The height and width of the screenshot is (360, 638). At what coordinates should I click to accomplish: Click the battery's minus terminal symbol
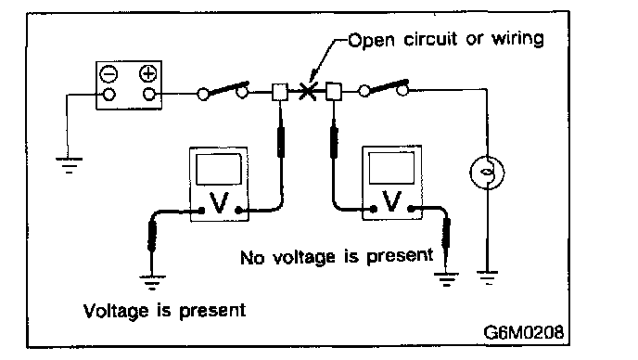pyautogui.click(x=108, y=74)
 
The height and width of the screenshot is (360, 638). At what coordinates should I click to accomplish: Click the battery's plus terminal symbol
pyautogui.click(x=148, y=73)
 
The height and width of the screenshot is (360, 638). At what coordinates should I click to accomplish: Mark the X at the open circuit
pyautogui.click(x=307, y=91)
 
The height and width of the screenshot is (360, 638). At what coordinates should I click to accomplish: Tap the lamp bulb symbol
pyautogui.click(x=487, y=173)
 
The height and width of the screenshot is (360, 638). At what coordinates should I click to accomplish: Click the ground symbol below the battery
pyautogui.click(x=69, y=165)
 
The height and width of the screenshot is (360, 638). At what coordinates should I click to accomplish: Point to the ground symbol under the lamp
pyautogui.click(x=488, y=277)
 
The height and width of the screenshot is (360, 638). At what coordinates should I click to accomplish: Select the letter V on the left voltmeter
pyautogui.click(x=219, y=203)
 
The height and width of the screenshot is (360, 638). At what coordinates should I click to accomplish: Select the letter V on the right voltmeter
pyautogui.click(x=392, y=201)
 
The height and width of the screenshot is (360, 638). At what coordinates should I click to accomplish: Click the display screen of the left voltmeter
pyautogui.click(x=219, y=170)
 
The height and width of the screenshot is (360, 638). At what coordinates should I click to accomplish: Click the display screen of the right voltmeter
pyautogui.click(x=391, y=168)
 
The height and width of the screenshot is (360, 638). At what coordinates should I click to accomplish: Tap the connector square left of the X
pyautogui.click(x=279, y=92)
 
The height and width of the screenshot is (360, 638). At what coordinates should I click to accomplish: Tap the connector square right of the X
pyautogui.click(x=334, y=91)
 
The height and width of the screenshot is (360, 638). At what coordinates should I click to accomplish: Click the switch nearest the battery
pyautogui.click(x=223, y=90)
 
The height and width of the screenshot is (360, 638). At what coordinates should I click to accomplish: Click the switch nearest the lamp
pyautogui.click(x=384, y=88)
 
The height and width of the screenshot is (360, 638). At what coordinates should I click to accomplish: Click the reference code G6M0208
pyautogui.click(x=524, y=332)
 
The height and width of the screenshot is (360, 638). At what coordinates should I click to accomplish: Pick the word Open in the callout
pyautogui.click(x=371, y=40)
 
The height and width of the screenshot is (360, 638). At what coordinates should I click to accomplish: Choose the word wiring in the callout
pyautogui.click(x=517, y=39)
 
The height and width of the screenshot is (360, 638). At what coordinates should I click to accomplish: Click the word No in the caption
pyautogui.click(x=252, y=258)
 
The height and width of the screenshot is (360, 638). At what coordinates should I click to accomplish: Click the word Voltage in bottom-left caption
pyautogui.click(x=116, y=312)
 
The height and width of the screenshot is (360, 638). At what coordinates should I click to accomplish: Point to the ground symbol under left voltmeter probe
pyautogui.click(x=152, y=283)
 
